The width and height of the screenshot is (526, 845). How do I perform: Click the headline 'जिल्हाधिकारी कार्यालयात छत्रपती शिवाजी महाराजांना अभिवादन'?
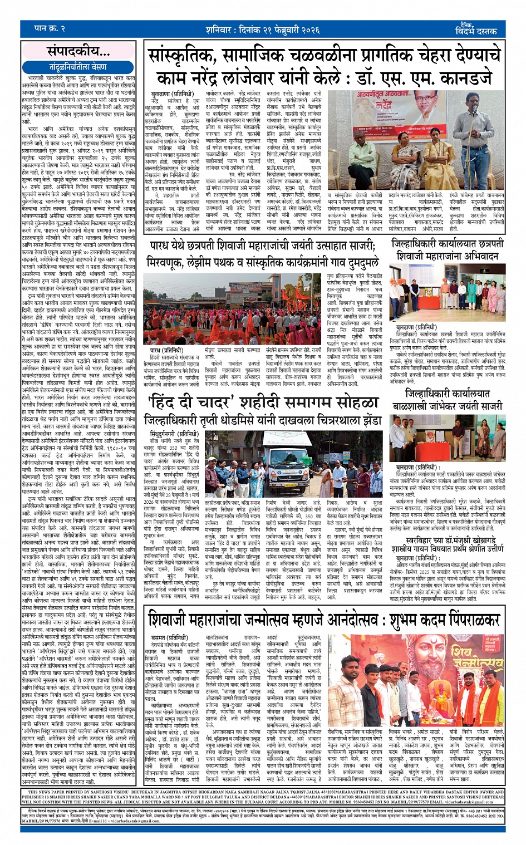448,250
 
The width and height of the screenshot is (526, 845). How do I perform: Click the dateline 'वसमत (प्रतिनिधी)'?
166,637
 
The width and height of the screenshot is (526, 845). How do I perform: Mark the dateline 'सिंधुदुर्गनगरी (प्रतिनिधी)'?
174,434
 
